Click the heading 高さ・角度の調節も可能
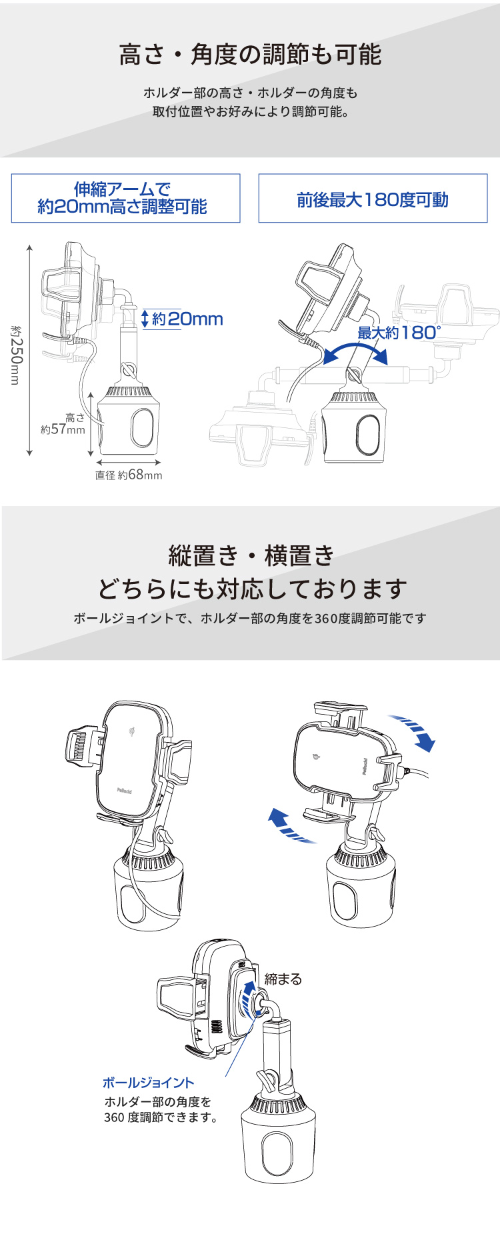[x=250, y=55]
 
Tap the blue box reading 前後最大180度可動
[x=373, y=199]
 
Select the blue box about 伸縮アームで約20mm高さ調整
[x=125, y=199]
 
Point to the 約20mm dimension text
[x=187, y=319]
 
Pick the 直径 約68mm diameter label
[x=129, y=475]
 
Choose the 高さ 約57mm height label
[x=64, y=424]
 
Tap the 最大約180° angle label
[x=399, y=333]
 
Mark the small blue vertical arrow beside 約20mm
[x=145, y=319]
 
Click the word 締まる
[x=283, y=979]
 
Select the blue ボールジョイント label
[x=148, y=1083]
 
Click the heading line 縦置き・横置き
[x=251, y=555]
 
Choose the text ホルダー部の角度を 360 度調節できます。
[x=162, y=1110]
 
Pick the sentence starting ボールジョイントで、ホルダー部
[x=250, y=619]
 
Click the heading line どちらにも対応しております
[x=252, y=589]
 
